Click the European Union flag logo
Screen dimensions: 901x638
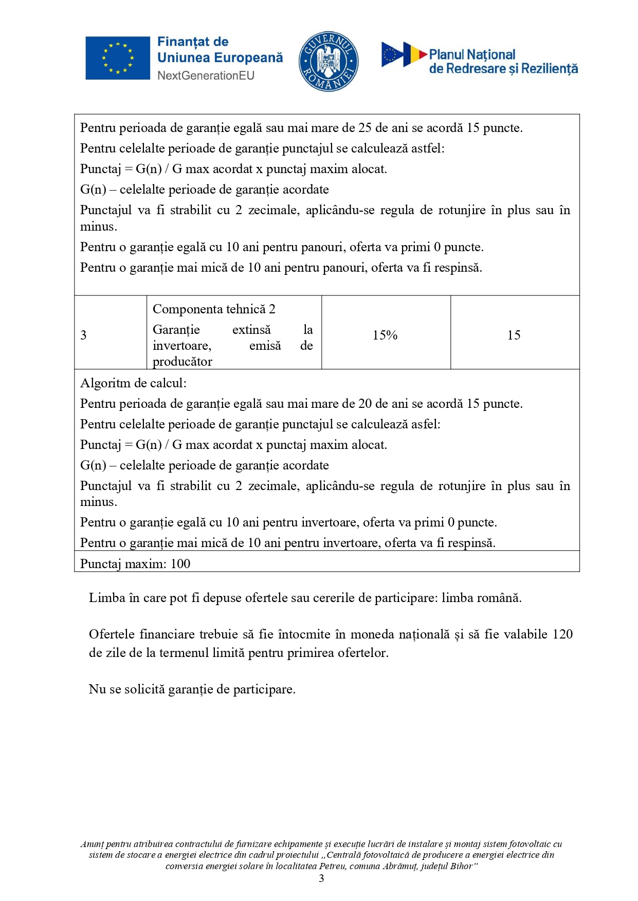coord(118,58)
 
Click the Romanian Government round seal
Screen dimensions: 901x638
coord(329,61)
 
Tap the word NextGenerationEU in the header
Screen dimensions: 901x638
coord(206,76)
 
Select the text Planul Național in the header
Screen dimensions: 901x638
coord(472,54)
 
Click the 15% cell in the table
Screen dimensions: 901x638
coord(385,335)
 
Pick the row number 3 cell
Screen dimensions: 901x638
coord(83,335)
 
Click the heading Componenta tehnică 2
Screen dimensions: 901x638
coord(214,309)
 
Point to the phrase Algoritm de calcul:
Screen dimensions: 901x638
coord(133,383)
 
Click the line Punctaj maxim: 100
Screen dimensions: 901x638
coord(135,564)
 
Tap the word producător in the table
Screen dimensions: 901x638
coord(183,362)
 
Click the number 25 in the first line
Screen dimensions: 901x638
coord(365,128)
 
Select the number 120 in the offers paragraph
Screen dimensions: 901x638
coord(562,634)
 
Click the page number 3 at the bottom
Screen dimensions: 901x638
coord(321,878)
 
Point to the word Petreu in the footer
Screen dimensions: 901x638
coord(332,866)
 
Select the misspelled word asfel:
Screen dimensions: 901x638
coord(427,424)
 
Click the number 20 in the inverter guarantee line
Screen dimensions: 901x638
coord(365,404)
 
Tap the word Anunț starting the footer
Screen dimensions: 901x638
coord(92,844)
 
